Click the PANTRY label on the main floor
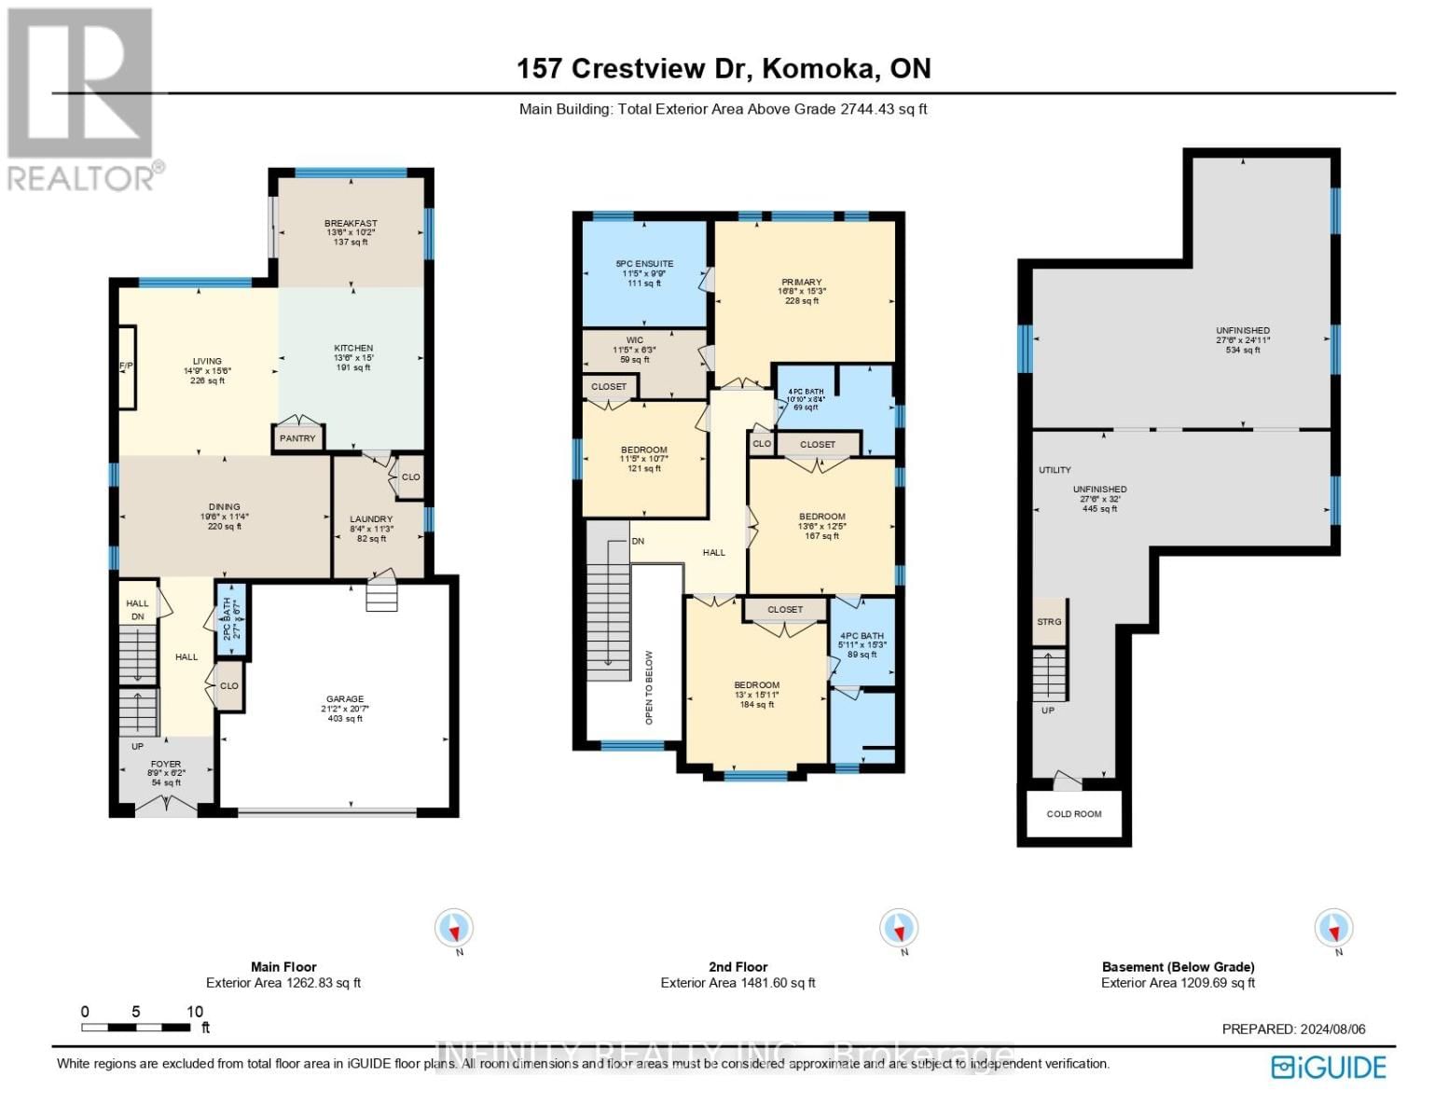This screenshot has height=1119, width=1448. [297, 438]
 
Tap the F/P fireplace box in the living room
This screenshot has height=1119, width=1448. [126, 366]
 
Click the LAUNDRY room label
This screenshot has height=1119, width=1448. [371, 519]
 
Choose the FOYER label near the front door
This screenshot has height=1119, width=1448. [166, 765]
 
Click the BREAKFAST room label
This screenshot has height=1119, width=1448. [351, 224]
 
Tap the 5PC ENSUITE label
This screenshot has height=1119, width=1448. [644, 264]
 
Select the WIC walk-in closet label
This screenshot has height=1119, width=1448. [635, 340]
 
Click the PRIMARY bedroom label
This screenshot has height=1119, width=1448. [801, 283]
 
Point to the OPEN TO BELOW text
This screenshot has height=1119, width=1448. [649, 687]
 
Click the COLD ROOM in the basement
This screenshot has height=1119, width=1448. [1073, 814]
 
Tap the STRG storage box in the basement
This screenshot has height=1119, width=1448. [1049, 622]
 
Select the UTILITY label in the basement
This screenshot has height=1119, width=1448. [1055, 470]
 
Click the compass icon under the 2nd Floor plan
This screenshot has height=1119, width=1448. [899, 929]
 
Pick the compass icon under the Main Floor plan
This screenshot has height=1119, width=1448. [454, 929]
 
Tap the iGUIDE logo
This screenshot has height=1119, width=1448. [1329, 1067]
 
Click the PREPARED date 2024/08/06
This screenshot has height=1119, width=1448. [1293, 1029]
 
